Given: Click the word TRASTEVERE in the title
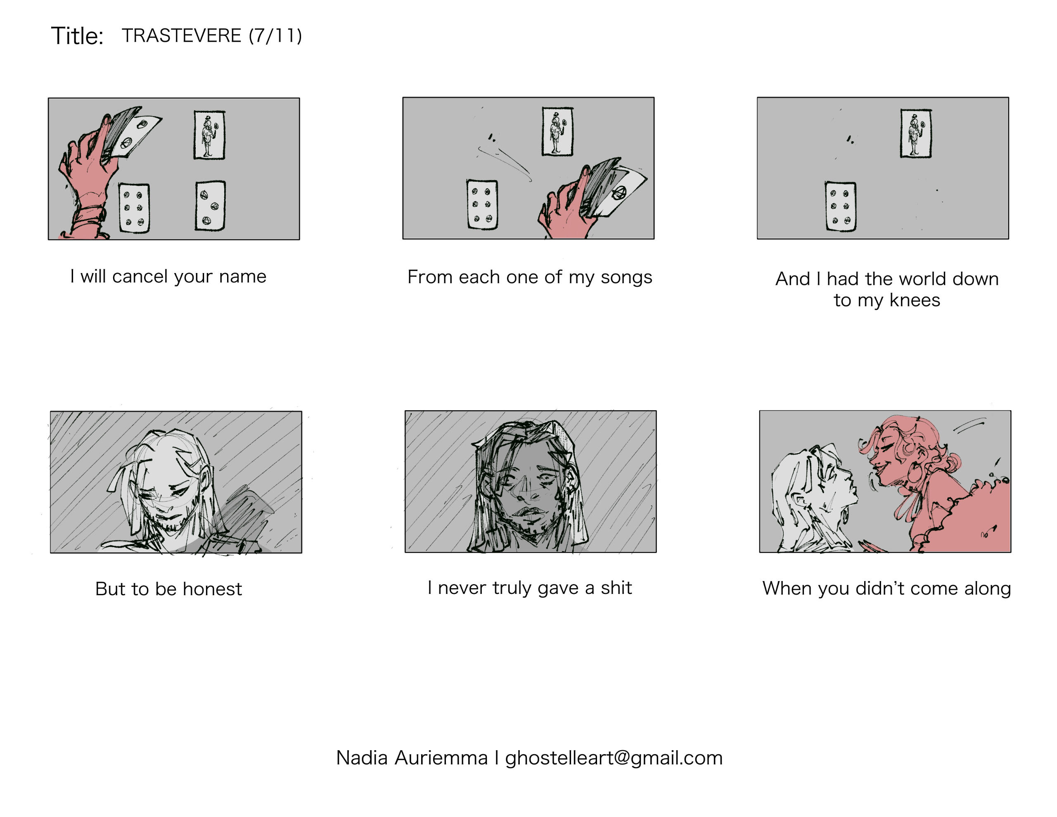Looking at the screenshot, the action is pyautogui.click(x=182, y=36).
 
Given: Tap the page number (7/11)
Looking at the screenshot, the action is pyautogui.click(x=275, y=36).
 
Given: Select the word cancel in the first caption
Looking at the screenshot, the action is pyautogui.click(x=140, y=276).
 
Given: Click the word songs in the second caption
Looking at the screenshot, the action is pyautogui.click(x=626, y=278).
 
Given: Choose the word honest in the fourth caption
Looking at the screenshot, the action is pyautogui.click(x=212, y=589).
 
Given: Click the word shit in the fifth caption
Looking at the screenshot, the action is pyautogui.click(x=616, y=587).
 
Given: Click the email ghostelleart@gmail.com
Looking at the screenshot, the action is pyautogui.click(x=614, y=758).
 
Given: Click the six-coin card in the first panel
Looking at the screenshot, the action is pyautogui.click(x=134, y=208).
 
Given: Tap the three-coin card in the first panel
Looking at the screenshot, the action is pyautogui.click(x=211, y=205).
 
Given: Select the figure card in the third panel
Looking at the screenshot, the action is pyautogui.click(x=916, y=133).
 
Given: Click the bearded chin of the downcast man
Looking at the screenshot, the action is pyautogui.click(x=171, y=524).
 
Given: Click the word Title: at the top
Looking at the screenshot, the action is pyautogui.click(x=78, y=36).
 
